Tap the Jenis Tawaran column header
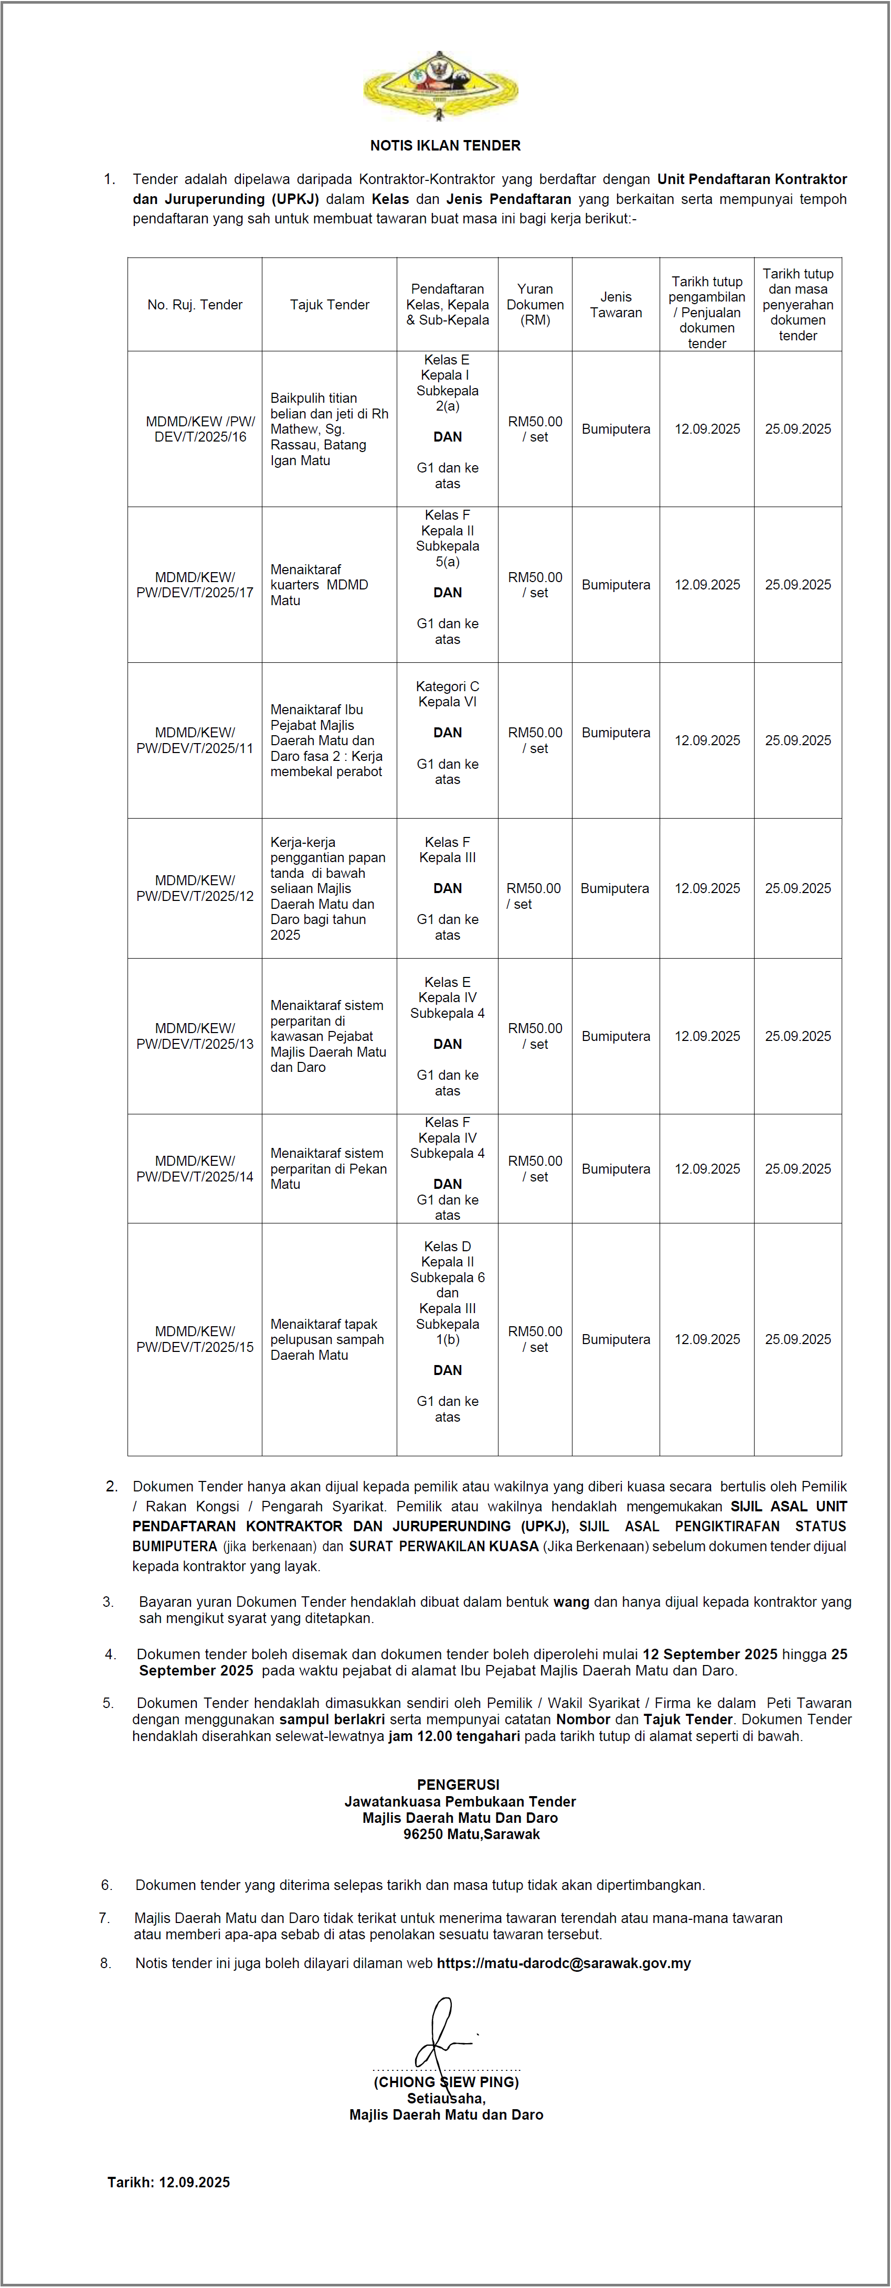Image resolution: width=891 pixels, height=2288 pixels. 616,305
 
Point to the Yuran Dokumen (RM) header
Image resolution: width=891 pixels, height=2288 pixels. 535,305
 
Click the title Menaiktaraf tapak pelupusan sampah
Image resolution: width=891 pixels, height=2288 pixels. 327,1339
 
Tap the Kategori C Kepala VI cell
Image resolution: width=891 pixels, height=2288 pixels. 447,694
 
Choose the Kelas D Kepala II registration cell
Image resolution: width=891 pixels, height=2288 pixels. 447,1254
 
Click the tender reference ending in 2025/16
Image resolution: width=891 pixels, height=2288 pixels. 200,429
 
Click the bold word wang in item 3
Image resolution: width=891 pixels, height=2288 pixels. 571,1602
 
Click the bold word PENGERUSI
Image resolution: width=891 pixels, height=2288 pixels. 459,1785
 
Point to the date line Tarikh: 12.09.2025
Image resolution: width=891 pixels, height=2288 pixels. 169,2182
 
